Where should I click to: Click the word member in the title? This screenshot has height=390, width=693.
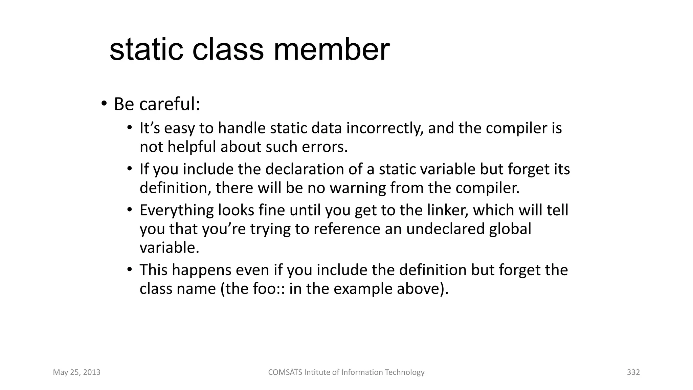coord(331,50)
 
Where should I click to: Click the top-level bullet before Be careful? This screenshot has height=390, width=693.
coord(104,103)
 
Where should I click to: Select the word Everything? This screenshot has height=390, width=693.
coord(176,210)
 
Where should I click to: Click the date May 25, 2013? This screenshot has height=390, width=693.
coord(77,372)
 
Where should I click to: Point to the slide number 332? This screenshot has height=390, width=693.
coord(633,372)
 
